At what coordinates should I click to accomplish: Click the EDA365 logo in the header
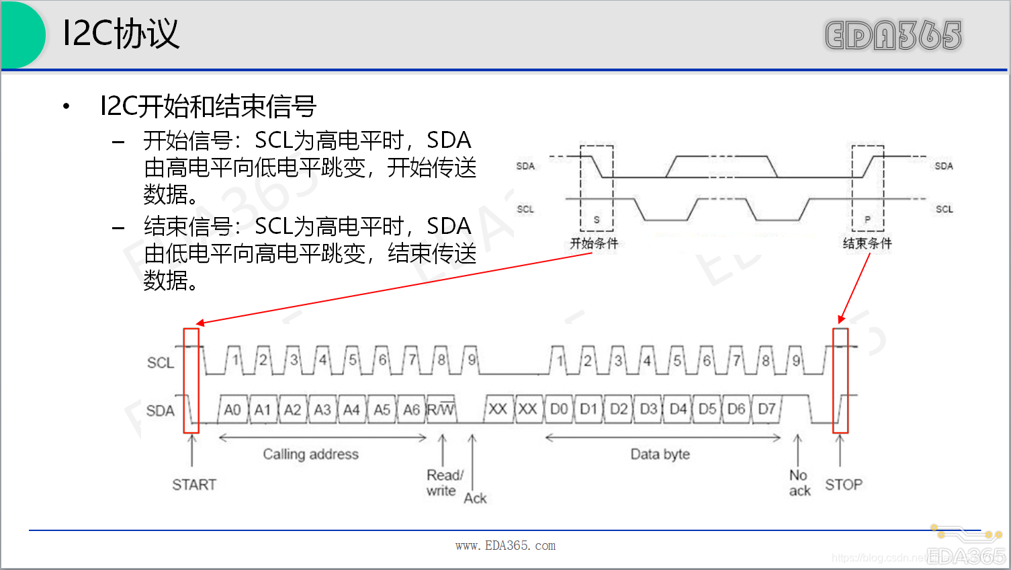pyautogui.click(x=893, y=36)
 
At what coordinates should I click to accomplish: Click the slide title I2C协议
pyautogui.click(x=121, y=34)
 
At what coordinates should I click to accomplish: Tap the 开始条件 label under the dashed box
pyautogui.click(x=594, y=243)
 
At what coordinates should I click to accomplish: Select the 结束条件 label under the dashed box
pyautogui.click(x=867, y=243)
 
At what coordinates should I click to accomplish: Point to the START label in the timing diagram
pyautogui.click(x=194, y=485)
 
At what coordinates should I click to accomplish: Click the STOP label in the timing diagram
pyautogui.click(x=844, y=485)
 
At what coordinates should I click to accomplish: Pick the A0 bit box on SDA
pyautogui.click(x=232, y=410)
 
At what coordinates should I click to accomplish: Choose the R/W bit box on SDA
pyautogui.click(x=441, y=410)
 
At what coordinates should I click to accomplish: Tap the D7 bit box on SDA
pyautogui.click(x=766, y=409)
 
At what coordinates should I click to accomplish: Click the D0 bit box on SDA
pyautogui.click(x=559, y=409)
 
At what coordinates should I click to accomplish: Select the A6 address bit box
pyautogui.click(x=411, y=410)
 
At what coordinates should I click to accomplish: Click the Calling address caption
pyautogui.click(x=310, y=454)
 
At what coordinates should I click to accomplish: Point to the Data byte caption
pyautogui.click(x=660, y=454)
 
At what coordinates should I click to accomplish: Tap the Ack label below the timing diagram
pyautogui.click(x=475, y=498)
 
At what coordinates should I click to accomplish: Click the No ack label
pyautogui.click(x=799, y=483)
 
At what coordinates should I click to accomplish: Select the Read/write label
pyautogui.click(x=444, y=483)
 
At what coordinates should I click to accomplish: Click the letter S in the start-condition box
pyautogui.click(x=597, y=220)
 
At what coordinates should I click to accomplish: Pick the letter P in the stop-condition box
pyautogui.click(x=867, y=220)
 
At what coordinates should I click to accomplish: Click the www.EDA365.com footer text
pyautogui.click(x=505, y=546)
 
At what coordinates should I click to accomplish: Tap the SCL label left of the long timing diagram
pyautogui.click(x=161, y=363)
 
